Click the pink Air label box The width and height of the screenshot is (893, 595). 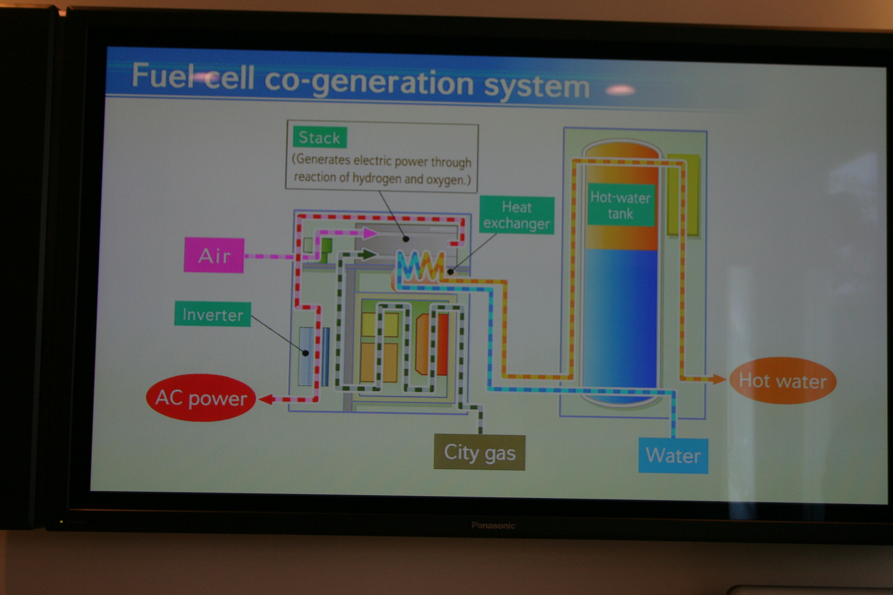(214, 255)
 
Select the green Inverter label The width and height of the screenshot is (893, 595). (212, 314)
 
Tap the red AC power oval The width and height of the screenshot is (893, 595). (201, 398)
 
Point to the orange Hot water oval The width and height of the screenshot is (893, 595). (783, 381)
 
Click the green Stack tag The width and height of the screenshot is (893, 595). (319, 137)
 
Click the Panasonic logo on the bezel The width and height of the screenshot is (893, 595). (493, 526)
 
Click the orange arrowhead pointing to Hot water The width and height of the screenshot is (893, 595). (719, 379)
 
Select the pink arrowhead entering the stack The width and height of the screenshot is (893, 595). (370, 233)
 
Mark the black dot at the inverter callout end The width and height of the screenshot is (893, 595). (306, 353)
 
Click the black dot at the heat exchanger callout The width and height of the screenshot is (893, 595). (450, 272)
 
